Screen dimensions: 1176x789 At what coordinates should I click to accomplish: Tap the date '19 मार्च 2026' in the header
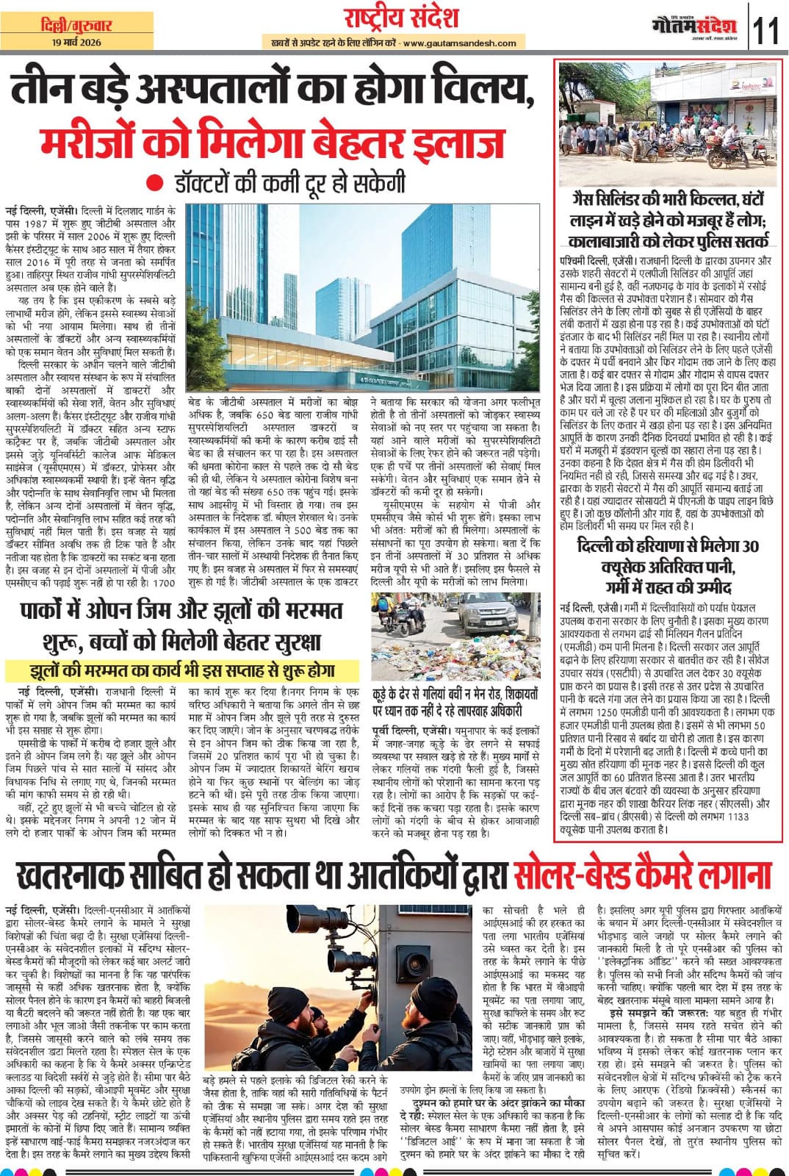pos(77,42)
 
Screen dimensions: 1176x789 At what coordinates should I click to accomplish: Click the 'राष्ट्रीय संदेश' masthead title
pos(401,18)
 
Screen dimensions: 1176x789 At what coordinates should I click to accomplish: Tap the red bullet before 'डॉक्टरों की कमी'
pos(152,182)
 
